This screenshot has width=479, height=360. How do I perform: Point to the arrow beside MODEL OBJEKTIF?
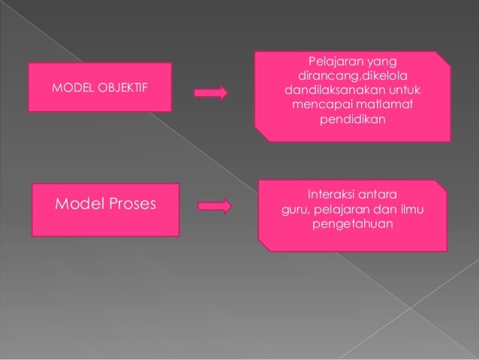pyautogui.click(x=211, y=93)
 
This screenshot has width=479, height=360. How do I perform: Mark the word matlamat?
pyautogui.click(x=381, y=104)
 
